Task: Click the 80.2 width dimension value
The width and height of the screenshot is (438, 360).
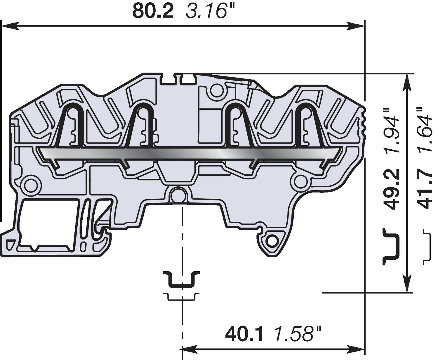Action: click(x=153, y=11)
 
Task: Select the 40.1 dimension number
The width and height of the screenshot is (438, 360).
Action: click(x=245, y=334)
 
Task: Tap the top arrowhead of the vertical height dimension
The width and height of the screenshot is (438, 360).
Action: click(x=407, y=82)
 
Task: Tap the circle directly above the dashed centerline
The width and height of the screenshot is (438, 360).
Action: click(x=178, y=195)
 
